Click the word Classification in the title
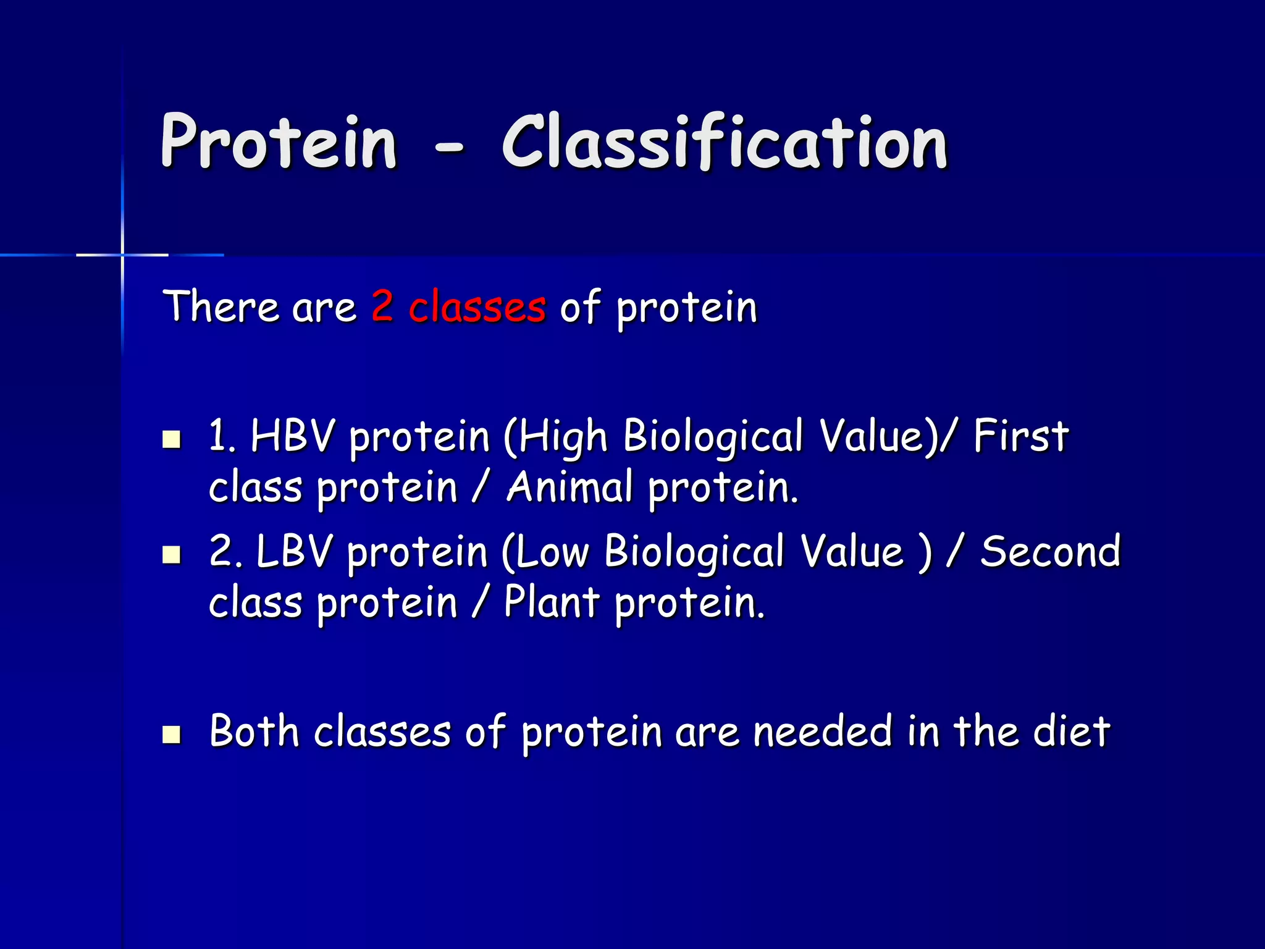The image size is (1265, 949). click(x=724, y=142)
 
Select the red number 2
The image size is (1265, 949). click(x=382, y=305)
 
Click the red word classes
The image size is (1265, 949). click(x=477, y=306)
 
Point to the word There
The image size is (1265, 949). click(x=221, y=306)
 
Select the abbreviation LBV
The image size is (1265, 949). click(x=294, y=551)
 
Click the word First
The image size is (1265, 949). click(x=1020, y=436)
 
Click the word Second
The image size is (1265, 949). click(x=1050, y=551)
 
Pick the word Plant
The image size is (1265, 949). click(x=552, y=602)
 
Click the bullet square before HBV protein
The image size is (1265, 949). click(x=171, y=439)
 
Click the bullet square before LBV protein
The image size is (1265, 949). click(x=171, y=554)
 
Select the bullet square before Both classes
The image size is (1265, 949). click(x=171, y=734)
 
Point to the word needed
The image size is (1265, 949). click(x=823, y=731)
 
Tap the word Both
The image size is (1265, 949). click(x=254, y=731)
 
